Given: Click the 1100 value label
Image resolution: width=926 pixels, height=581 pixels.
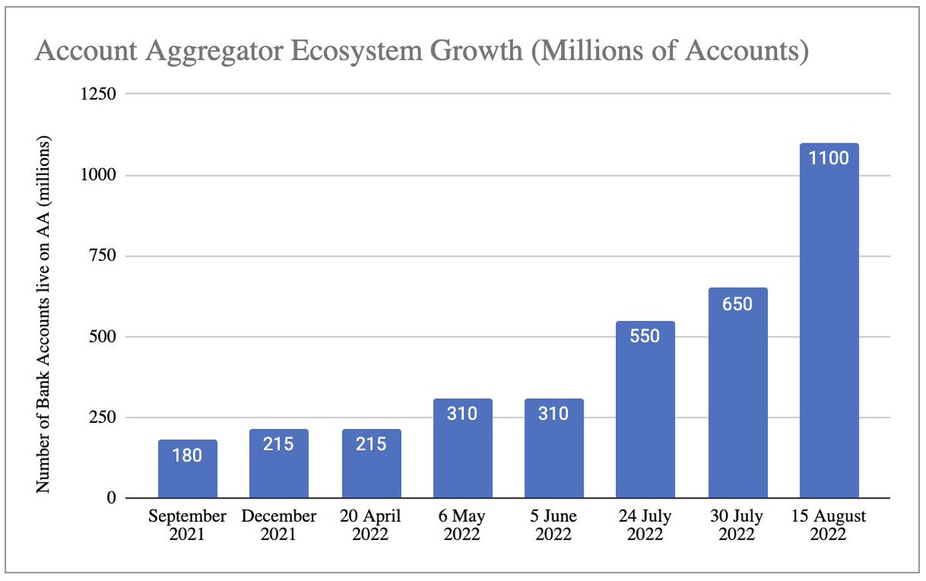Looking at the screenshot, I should (x=829, y=159).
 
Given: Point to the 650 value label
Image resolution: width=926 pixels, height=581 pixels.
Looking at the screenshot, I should (x=737, y=303).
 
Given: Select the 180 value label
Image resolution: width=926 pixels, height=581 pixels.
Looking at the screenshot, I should (x=188, y=455).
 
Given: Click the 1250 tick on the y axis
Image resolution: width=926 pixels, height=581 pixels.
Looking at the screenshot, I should (x=98, y=94).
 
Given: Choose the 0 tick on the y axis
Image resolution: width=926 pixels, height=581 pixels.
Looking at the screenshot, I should (x=111, y=498).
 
